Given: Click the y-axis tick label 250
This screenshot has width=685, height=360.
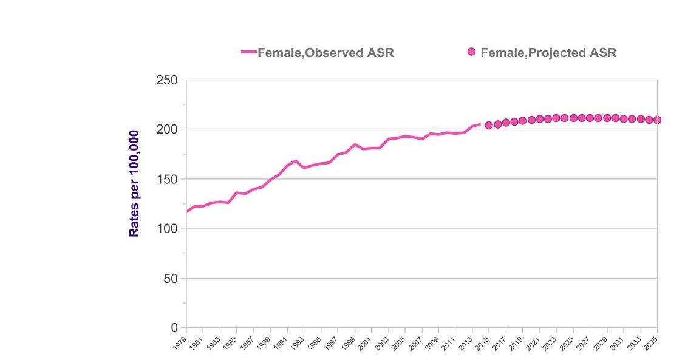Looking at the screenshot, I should click(165, 80).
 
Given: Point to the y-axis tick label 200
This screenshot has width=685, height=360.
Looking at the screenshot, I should click(165, 129).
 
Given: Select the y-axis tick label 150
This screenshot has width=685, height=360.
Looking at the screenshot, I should click(165, 179).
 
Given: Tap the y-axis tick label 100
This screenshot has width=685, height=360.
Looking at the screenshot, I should click(165, 229).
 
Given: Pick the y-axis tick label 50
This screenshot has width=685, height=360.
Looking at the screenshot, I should click(169, 279).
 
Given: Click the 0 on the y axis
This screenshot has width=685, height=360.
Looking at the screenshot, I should click(174, 328).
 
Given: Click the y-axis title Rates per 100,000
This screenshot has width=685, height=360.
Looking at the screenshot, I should click(134, 183).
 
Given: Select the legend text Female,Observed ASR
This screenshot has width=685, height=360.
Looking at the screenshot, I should click(325, 53).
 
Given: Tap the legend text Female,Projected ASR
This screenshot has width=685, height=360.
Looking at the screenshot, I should click(548, 53).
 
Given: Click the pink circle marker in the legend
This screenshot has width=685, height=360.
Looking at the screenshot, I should click(471, 52).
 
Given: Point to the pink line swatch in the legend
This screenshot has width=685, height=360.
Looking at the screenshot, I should click(248, 52).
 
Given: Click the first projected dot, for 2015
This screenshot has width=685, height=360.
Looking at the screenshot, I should click(489, 125).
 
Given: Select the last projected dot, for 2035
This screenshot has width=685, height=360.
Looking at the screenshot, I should click(657, 120).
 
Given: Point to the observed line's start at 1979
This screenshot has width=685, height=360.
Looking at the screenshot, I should click(187, 212).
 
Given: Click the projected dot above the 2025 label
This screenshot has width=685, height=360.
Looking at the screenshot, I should click(573, 118).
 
